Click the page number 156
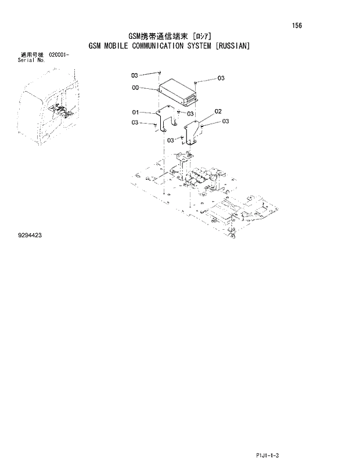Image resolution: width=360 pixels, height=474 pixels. [297, 26]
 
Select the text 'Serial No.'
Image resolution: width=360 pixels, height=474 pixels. [32, 59]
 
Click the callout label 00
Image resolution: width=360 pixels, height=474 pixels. [135, 88]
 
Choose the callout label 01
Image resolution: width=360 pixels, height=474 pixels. [135, 112]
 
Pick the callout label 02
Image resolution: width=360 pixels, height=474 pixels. [218, 111]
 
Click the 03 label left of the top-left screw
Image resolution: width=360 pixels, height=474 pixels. [134, 75]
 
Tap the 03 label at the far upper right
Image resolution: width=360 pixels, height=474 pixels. [221, 78]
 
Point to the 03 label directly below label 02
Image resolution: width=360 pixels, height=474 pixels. [225, 121]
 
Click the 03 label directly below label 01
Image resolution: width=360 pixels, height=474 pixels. [135, 122]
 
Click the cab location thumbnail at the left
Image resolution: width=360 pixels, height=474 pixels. [49, 113]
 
